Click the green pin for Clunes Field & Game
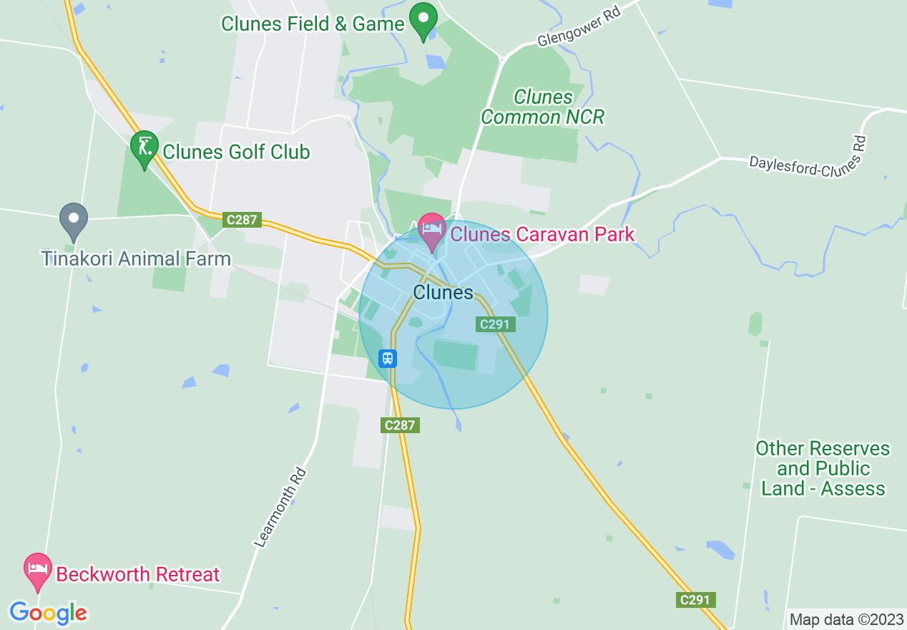423,21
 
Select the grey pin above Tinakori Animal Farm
73,221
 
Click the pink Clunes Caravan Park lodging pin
432,231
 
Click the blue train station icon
388,357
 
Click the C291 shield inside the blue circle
495,324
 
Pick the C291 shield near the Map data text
695,600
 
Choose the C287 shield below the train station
399,425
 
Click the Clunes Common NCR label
543,107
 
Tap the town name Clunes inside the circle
443,292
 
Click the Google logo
48,613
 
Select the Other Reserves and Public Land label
823,469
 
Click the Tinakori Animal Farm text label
136,258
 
